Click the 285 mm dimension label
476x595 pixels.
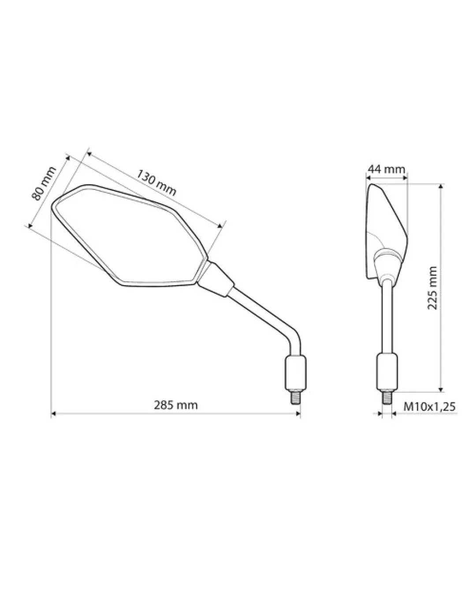(175, 405)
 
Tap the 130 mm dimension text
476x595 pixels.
(156, 183)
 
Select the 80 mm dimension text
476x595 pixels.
(44, 183)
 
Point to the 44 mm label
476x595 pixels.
(386, 169)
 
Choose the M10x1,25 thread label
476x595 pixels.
(429, 407)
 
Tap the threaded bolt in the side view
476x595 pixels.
(387, 398)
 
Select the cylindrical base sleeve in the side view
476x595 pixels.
(387, 372)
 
